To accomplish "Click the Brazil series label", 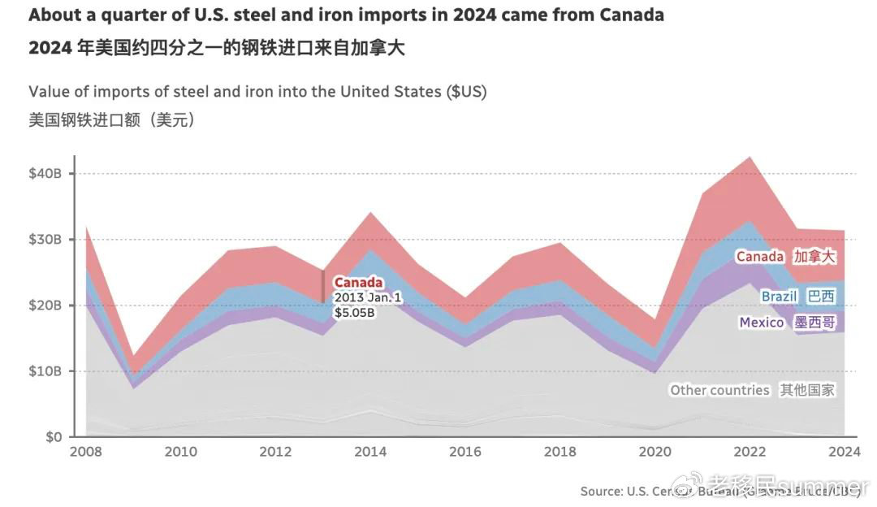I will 779,297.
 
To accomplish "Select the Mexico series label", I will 761,323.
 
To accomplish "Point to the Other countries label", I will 719,390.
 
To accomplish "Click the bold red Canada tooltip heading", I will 357,284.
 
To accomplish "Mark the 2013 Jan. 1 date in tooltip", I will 367,298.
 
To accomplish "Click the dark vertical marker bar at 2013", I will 323,286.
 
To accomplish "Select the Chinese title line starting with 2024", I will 216,48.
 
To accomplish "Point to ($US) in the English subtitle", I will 466,91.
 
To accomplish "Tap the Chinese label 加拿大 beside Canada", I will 814,257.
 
